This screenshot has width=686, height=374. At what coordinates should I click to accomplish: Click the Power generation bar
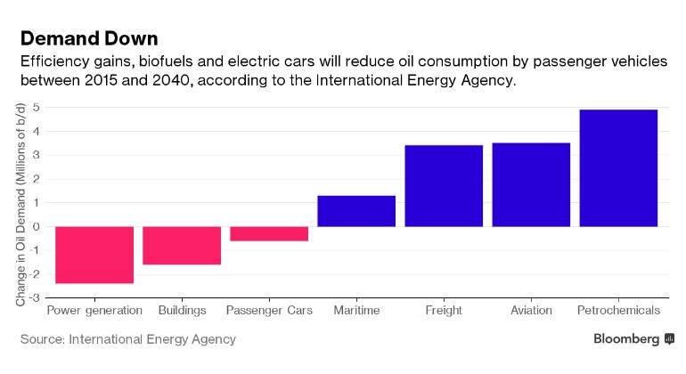94,255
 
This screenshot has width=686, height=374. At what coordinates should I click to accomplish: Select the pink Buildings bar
182,245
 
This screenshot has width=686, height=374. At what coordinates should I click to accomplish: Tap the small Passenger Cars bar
269,233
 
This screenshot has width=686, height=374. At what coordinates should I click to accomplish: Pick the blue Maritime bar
356,211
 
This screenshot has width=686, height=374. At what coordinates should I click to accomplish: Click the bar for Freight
444,185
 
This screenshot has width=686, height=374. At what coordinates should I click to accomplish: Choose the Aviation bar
531,184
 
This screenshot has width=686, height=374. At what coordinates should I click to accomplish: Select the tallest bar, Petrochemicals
618,167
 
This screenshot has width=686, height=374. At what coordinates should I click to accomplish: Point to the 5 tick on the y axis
36,107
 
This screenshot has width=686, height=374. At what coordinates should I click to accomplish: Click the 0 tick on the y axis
36,226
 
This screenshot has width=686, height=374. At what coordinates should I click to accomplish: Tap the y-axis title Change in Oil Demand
20,206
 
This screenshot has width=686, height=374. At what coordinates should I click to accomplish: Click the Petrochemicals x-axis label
618,311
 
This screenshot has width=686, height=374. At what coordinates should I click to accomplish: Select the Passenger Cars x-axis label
269,311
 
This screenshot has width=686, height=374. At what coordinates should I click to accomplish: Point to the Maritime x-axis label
356,311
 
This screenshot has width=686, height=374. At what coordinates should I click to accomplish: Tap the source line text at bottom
128,339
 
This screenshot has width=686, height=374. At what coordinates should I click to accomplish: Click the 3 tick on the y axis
36,155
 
